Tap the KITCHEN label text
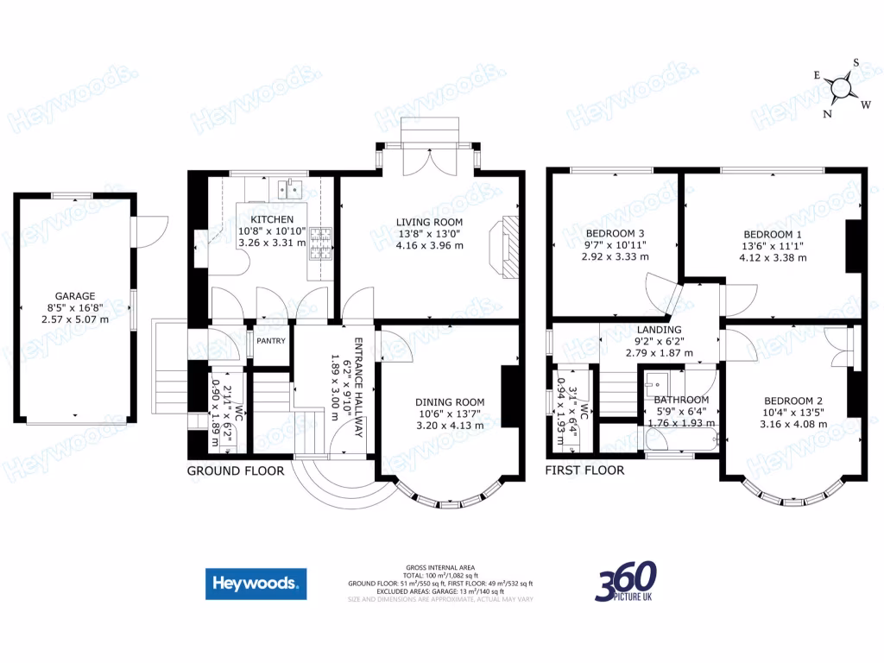click(x=272, y=219)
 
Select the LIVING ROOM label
click(x=429, y=221)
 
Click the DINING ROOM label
click(x=450, y=401)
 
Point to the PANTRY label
click(x=270, y=341)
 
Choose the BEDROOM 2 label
click(x=792, y=400)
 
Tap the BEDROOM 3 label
click(x=615, y=233)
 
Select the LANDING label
click(x=660, y=329)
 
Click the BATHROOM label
click(x=681, y=400)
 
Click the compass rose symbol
click(x=841, y=86)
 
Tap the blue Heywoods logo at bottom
click(x=256, y=584)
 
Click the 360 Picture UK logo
click(x=625, y=581)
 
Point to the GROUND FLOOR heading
click(x=236, y=471)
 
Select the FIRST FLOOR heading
click(x=584, y=470)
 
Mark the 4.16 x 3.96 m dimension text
click(x=429, y=245)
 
